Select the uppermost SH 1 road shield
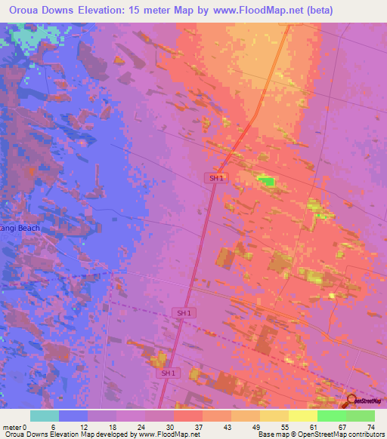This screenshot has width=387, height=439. pos(216,178)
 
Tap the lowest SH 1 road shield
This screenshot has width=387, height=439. pos(169,373)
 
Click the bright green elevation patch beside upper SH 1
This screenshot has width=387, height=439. pos(265,180)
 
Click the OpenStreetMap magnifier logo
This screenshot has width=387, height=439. pos(351,401)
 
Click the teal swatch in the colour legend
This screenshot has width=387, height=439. pos(45,416)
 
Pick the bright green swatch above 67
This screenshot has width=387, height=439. pos(331,416)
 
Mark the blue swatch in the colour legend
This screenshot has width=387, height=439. pos(73,416)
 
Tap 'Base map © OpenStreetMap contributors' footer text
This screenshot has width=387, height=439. pos(320,434)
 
